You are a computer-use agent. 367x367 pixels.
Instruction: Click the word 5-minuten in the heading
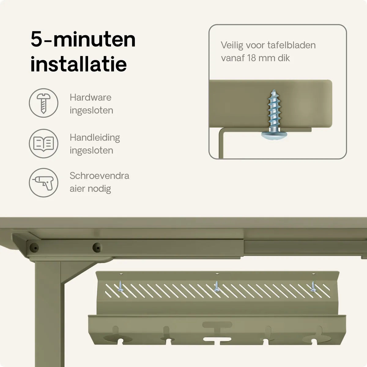click(x=83, y=40)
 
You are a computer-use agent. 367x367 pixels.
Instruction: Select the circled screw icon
click(x=43, y=103)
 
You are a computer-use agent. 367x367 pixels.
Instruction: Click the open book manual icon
click(x=43, y=143)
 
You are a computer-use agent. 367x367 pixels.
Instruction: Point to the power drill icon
click(x=43, y=183)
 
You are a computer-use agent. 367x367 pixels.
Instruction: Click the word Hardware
click(x=91, y=98)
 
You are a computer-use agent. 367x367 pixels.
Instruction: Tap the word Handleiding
click(x=95, y=138)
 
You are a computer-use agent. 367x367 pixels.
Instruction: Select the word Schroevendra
click(x=99, y=176)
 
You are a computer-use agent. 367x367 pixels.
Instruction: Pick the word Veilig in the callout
click(x=232, y=46)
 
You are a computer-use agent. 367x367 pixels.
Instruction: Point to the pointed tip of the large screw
click(x=274, y=90)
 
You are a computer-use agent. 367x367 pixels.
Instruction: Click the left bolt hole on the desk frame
click(x=34, y=248)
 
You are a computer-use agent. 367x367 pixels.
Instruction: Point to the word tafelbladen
click(x=291, y=45)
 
